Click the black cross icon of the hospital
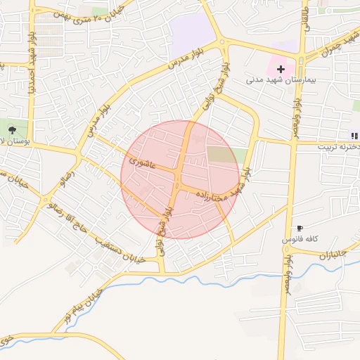pos(281,69)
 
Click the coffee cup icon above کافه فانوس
pos(300,228)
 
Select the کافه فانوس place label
pos(301,240)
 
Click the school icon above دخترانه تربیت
pos(354,135)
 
